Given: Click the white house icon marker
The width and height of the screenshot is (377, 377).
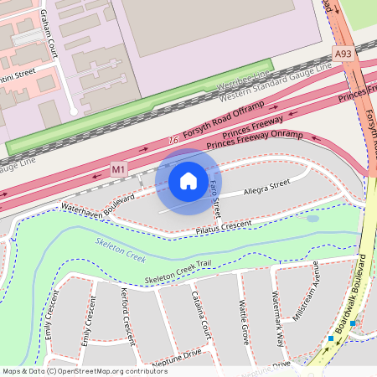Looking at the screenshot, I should (x=188, y=181).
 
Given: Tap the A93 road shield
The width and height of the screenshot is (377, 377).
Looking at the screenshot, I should (x=343, y=54).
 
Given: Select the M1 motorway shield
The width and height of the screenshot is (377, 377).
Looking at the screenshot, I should (x=119, y=169).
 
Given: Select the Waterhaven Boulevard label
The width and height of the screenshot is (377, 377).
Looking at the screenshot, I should (x=97, y=199).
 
